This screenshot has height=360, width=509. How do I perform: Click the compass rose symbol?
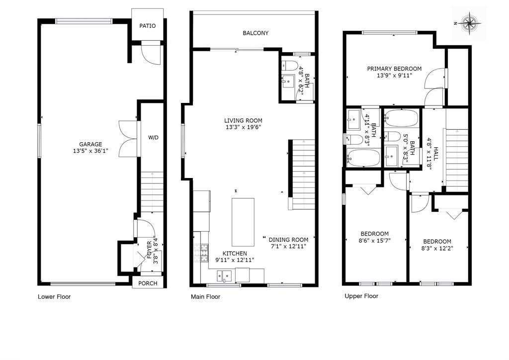[469, 23]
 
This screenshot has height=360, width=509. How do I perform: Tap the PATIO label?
[147, 26]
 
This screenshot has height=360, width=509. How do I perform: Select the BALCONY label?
[255, 33]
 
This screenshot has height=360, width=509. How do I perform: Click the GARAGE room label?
[90, 144]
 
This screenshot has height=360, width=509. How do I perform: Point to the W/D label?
[153, 138]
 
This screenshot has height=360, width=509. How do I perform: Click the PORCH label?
[148, 283]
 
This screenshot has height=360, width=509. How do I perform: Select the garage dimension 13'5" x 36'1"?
[90, 151]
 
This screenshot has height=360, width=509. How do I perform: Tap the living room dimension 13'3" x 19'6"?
[243, 127]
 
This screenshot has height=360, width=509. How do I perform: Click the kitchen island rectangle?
[243, 222]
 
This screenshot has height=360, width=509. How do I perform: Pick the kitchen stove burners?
[201, 253]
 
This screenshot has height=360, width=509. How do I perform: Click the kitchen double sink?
[224, 276]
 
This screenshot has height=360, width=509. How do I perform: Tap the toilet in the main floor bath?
[290, 66]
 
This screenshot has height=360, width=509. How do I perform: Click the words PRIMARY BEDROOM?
[394, 69]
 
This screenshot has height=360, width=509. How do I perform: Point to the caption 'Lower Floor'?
[54, 297]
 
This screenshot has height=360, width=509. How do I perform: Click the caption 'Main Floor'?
[205, 297]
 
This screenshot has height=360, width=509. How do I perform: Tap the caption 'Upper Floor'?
[361, 296]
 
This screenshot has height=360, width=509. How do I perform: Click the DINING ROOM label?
[288, 240]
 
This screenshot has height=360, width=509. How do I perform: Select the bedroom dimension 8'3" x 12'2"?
[437, 248]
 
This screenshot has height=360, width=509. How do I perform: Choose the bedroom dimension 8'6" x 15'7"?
[374, 241]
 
